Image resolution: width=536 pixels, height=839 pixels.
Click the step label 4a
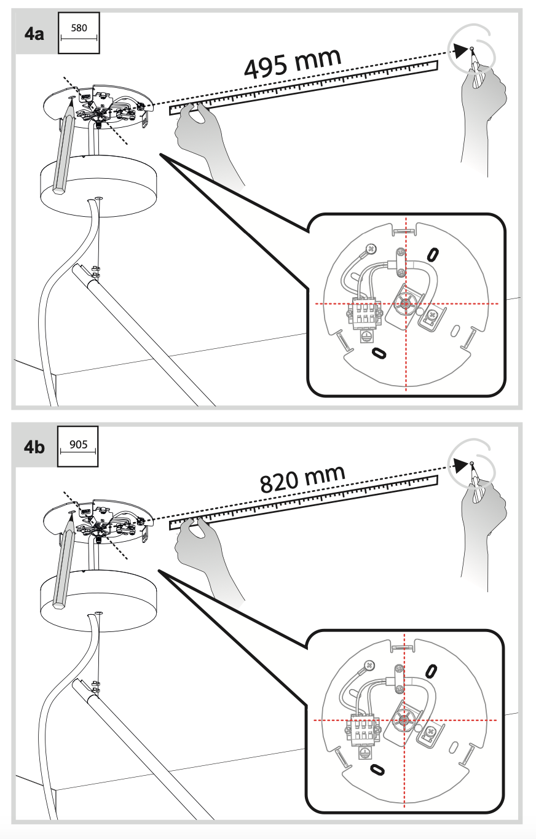coord(34,33)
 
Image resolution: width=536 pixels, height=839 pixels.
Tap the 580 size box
coord(79,33)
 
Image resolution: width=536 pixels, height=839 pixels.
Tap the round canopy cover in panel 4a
coord(98,184)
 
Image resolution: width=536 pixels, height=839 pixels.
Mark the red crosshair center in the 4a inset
coord(406,304)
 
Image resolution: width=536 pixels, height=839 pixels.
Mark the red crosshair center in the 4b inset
coord(404,720)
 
